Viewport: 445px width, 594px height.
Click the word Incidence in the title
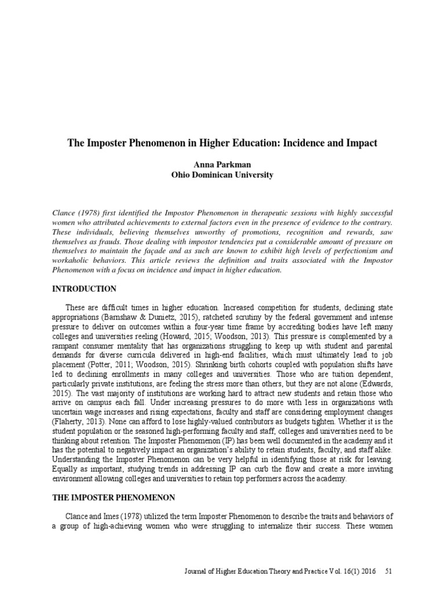point(307,143)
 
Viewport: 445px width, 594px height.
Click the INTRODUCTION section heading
point(84,289)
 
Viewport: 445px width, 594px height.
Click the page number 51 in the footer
point(389,571)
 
